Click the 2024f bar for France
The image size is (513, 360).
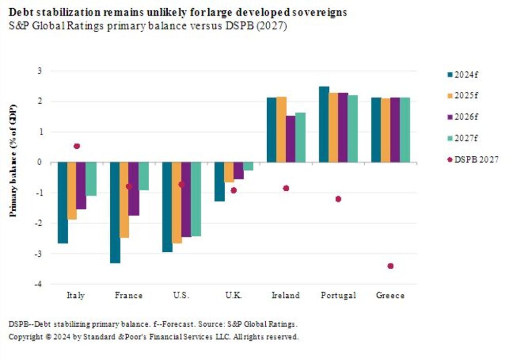click(x=115, y=212)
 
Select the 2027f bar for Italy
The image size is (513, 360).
click(x=91, y=179)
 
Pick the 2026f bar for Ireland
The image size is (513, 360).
click(x=290, y=139)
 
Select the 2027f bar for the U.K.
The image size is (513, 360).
click(x=248, y=166)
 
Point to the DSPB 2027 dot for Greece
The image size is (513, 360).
click(x=390, y=266)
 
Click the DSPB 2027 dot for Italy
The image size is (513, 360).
click(x=77, y=146)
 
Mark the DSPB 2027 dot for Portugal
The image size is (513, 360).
click(x=338, y=199)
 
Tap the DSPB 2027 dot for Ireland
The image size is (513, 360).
click(x=286, y=188)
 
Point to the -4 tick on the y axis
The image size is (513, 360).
click(x=46, y=284)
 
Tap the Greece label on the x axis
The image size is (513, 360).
click(x=390, y=295)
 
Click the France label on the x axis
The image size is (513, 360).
click(x=129, y=295)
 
